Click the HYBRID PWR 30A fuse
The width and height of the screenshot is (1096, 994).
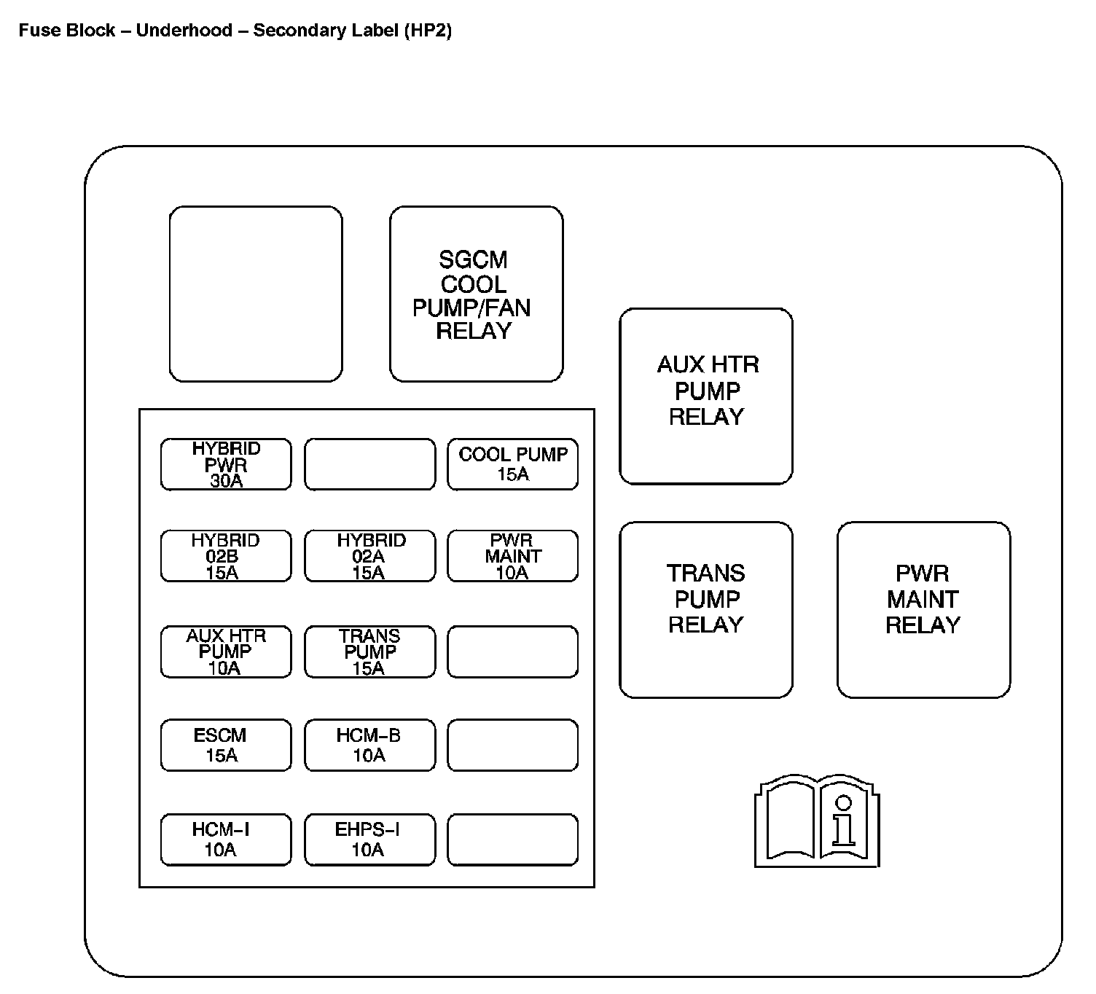pos(226,464)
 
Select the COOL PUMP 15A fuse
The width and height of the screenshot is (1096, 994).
pos(513,464)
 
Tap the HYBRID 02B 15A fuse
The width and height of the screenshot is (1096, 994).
pos(226,557)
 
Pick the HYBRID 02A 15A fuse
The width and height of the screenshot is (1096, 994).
pos(370,557)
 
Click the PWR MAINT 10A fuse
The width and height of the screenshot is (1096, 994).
pos(513,557)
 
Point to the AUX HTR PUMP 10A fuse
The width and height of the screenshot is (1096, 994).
pos(226,651)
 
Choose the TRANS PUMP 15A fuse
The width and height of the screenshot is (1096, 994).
pos(370,651)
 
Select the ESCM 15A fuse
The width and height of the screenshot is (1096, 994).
pos(226,745)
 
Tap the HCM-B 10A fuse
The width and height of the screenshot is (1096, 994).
pos(370,745)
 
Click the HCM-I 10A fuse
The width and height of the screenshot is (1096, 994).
pos(226,840)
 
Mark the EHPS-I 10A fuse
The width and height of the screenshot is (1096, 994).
pos(370,840)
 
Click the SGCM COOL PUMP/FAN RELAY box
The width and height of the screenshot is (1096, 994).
pos(477,294)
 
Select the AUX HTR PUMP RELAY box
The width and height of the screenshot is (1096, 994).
pos(706,396)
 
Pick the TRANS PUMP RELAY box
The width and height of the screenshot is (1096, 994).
pos(706,609)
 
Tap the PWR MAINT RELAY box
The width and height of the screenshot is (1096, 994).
pos(923,609)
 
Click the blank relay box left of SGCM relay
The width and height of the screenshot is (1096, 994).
pos(256,294)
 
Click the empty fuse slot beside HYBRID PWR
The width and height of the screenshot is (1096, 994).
pos(370,464)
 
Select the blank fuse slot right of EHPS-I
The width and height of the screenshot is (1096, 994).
pos(513,840)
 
